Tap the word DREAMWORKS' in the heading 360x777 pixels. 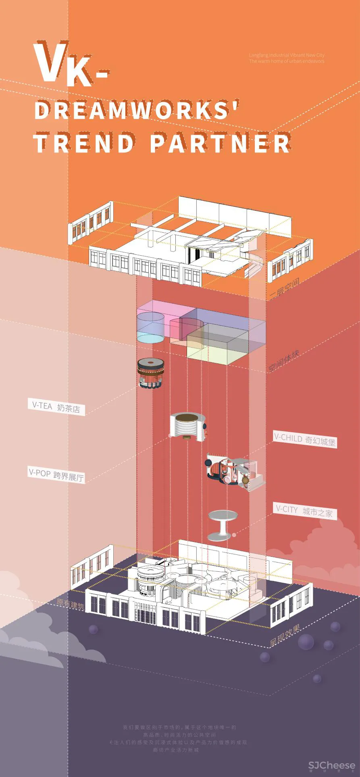(137, 110)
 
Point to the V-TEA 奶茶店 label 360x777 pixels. (56, 407)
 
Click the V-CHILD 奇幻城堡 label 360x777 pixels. (304, 439)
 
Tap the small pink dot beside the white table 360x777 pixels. (234, 535)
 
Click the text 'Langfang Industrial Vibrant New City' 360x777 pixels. (286, 55)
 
